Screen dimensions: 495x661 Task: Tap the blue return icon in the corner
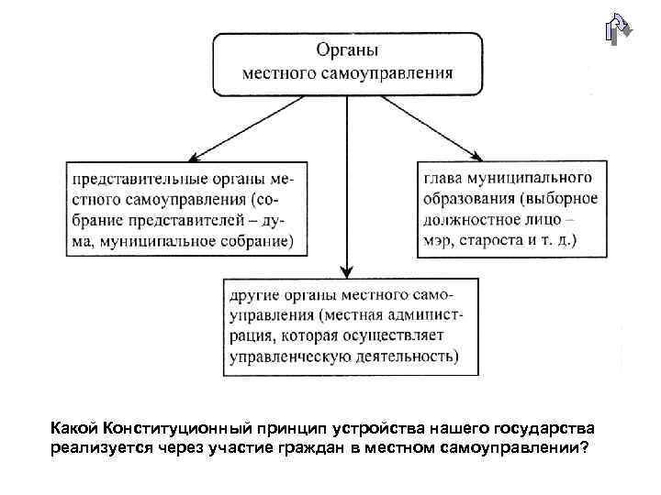(x=618, y=29)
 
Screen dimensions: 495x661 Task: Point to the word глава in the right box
(x=444, y=176)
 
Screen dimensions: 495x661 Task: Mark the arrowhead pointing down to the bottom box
(x=346, y=272)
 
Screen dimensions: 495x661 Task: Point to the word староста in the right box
(x=497, y=242)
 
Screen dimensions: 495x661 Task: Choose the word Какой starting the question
(x=74, y=428)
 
